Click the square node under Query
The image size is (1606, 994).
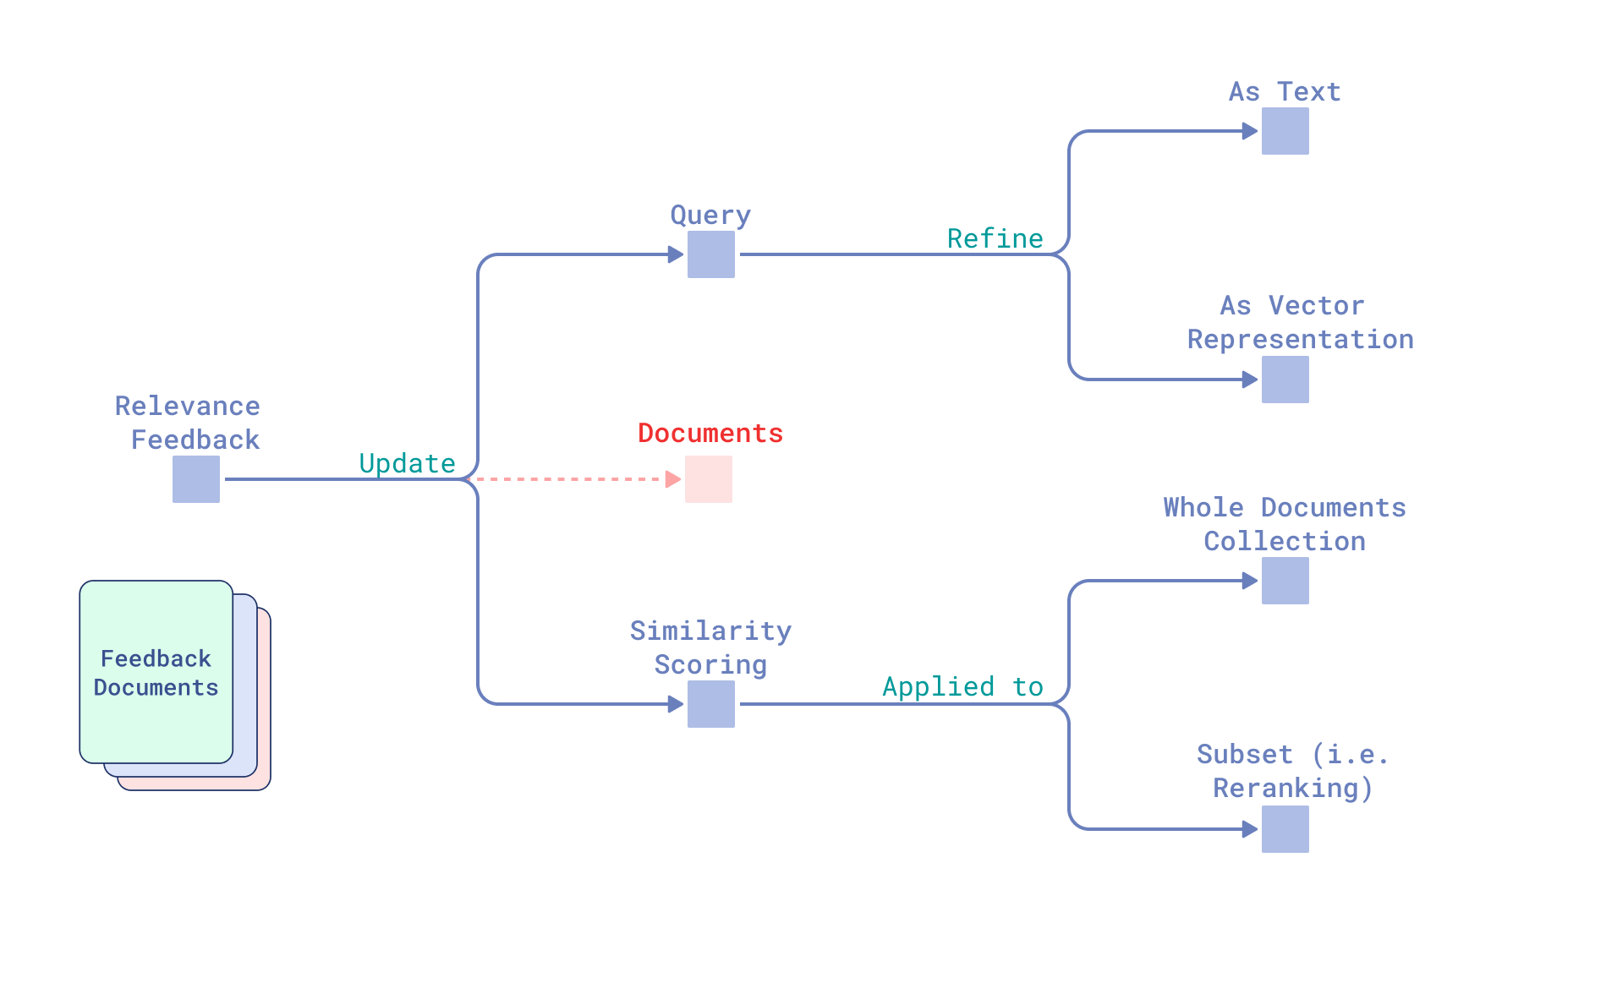point(710,254)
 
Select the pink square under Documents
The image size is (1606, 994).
point(708,479)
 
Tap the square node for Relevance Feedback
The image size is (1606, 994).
point(196,479)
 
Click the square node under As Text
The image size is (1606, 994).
point(1285,131)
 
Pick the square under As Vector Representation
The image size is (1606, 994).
point(1285,380)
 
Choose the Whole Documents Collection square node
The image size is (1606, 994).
point(1285,581)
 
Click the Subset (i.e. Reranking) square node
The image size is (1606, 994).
point(1285,829)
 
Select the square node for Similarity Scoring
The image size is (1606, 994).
point(710,704)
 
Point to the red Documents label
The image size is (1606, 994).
point(710,433)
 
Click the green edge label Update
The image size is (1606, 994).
point(407,463)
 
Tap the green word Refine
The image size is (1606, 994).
point(995,238)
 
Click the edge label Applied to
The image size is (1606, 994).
point(962,686)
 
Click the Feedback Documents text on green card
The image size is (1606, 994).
point(156,673)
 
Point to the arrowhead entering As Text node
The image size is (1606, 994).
point(1250,131)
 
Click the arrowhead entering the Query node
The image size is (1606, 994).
point(675,254)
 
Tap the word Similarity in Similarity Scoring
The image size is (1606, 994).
point(710,631)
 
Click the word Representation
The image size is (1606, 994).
point(1300,339)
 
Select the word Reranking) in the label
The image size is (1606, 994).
point(1292,788)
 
